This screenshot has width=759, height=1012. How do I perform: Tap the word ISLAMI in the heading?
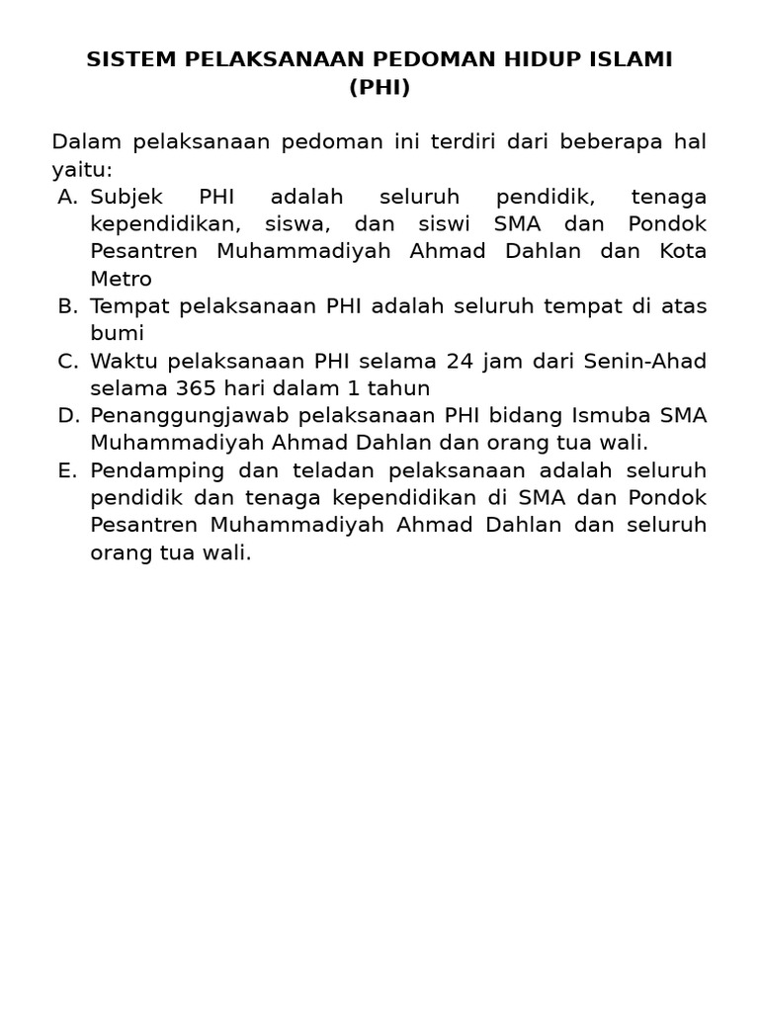coord(632,59)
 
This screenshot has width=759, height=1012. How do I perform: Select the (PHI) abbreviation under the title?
coord(379,88)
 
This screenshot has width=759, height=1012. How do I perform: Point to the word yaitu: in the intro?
coord(82,170)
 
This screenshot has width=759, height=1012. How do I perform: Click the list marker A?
coord(67,197)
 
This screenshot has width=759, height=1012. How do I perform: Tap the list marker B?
coord(67,306)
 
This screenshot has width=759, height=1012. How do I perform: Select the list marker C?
coord(67,361)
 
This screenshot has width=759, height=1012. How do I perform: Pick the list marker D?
coord(67,415)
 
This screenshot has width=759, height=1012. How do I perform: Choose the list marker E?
coord(67,469)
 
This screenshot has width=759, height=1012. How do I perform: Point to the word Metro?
coord(121,279)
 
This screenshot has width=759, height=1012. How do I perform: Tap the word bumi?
coord(117,333)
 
